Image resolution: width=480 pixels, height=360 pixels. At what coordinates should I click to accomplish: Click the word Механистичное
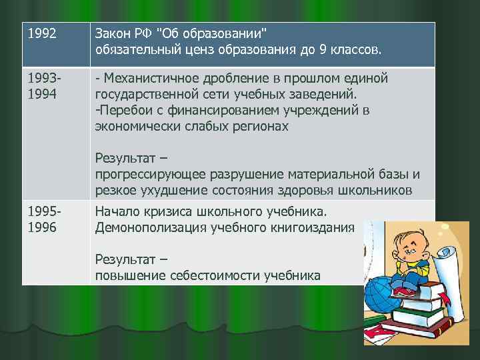[x=154, y=79]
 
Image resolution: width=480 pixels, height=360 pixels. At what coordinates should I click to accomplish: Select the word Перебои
[x=123, y=110]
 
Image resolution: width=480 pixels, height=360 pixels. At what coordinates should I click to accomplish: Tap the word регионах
[x=260, y=126]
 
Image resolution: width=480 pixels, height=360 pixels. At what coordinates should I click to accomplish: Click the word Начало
[x=118, y=213]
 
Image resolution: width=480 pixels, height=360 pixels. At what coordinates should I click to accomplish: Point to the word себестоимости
[x=219, y=275]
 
